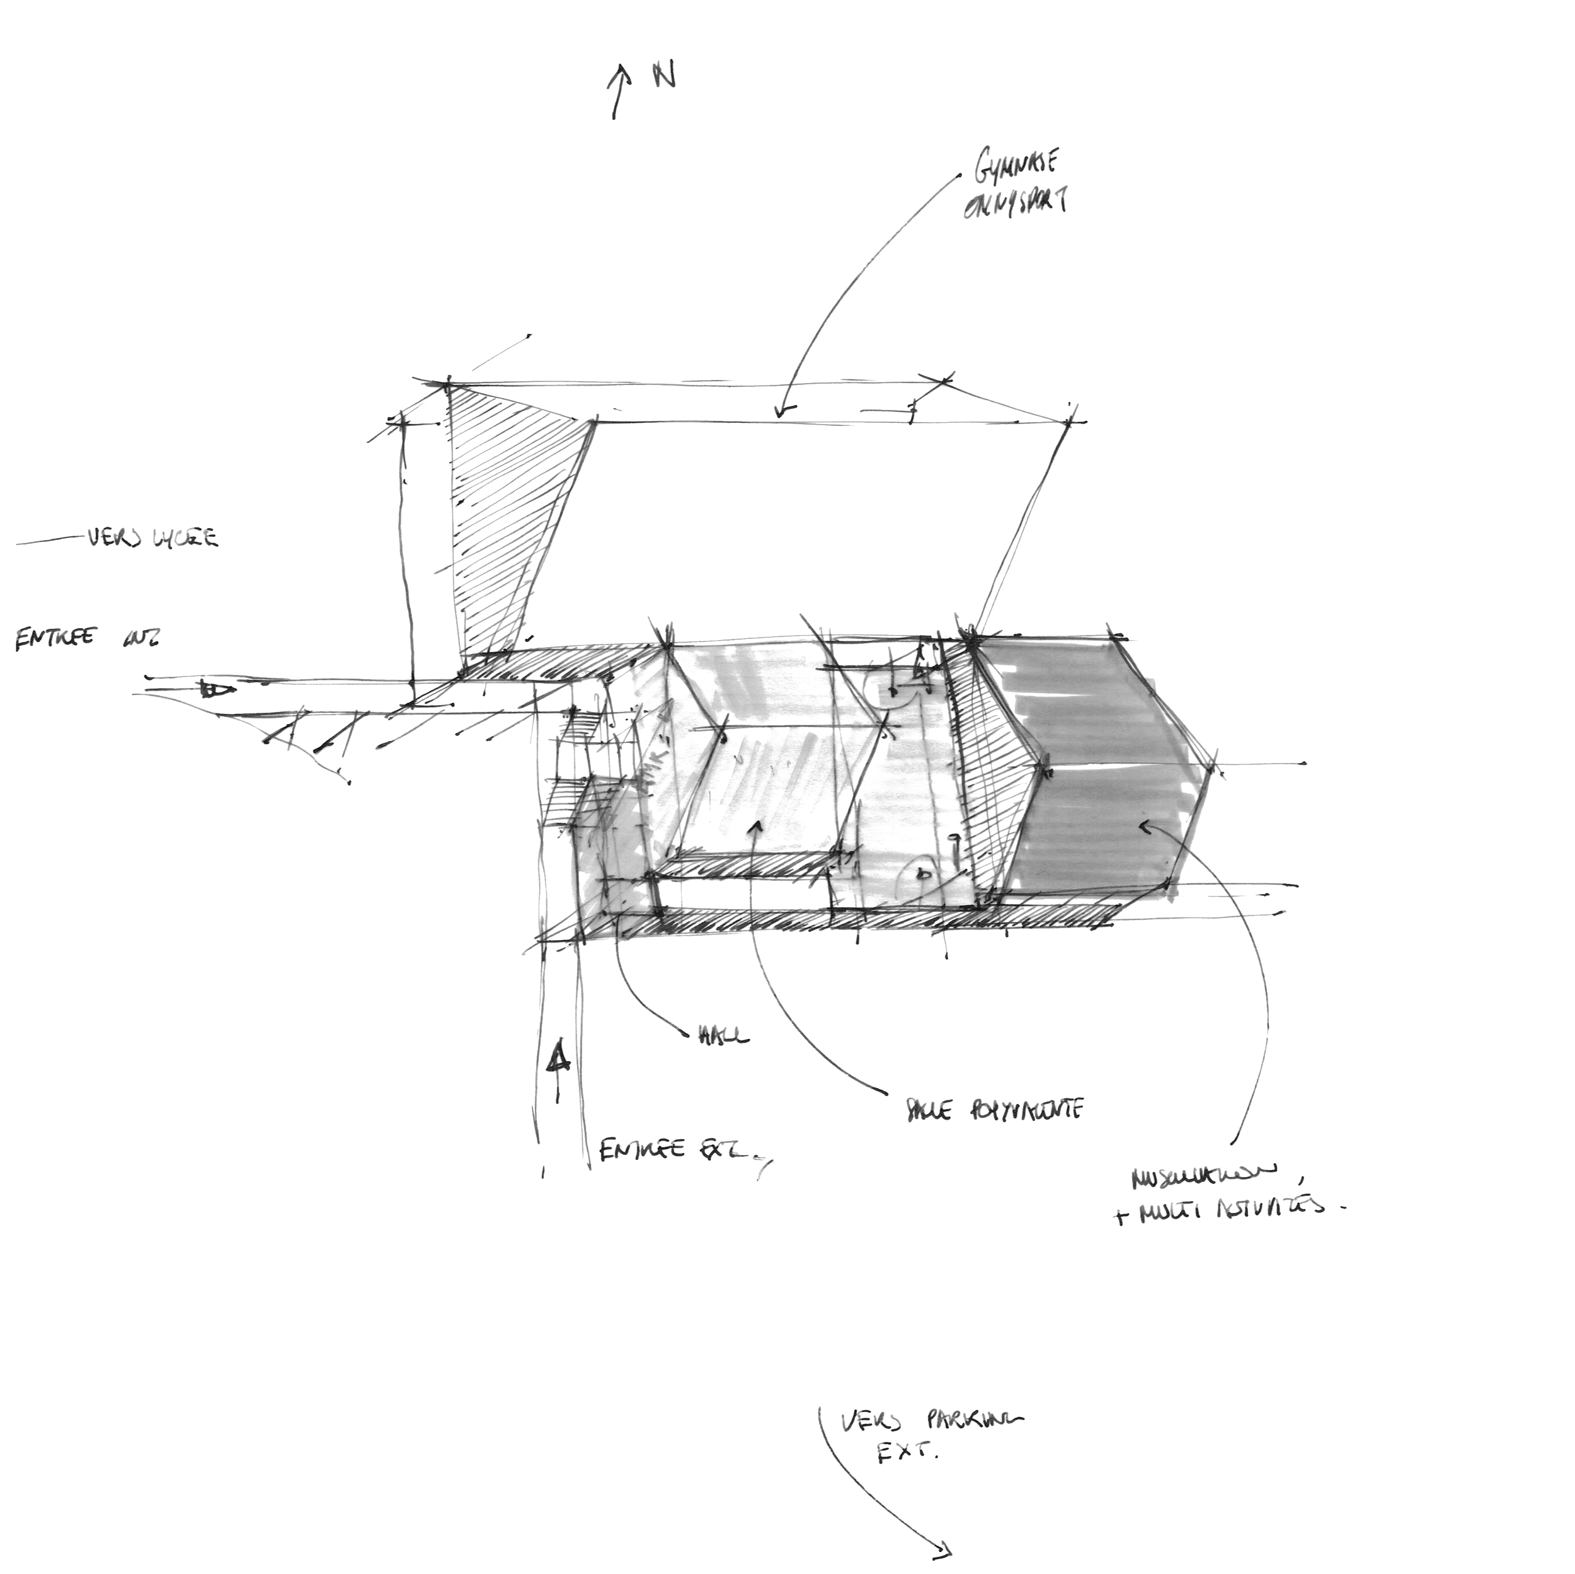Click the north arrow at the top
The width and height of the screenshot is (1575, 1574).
619,91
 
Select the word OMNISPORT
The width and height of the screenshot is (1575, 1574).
1015,204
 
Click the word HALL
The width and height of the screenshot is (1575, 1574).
724,1037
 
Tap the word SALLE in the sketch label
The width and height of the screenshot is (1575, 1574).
929,1112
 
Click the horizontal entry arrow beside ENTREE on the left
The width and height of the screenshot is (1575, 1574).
214,691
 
